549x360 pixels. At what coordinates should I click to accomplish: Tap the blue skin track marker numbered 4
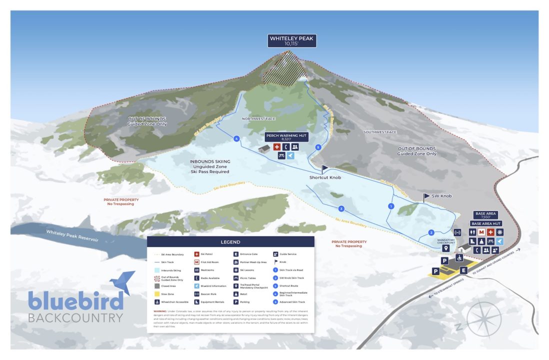[x=236, y=138]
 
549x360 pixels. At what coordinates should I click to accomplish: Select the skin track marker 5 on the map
[x=318, y=147]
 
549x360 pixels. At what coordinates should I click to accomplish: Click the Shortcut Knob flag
[x=324, y=169]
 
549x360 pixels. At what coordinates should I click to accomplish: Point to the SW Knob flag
[x=426, y=196]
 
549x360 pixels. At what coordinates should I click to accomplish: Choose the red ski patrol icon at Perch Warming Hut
[x=277, y=147]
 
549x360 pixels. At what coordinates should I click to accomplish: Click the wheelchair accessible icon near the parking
[x=458, y=257]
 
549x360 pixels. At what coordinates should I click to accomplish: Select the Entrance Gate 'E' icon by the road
[x=463, y=270]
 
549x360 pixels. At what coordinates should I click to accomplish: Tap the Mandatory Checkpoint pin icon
[x=446, y=248]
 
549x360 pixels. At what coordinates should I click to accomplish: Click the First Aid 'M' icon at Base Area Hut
[x=481, y=232]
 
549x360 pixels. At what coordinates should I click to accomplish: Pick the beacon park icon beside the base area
[x=457, y=232]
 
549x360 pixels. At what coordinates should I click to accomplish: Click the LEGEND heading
[x=230, y=242]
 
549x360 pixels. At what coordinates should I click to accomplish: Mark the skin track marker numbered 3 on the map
[x=341, y=208]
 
